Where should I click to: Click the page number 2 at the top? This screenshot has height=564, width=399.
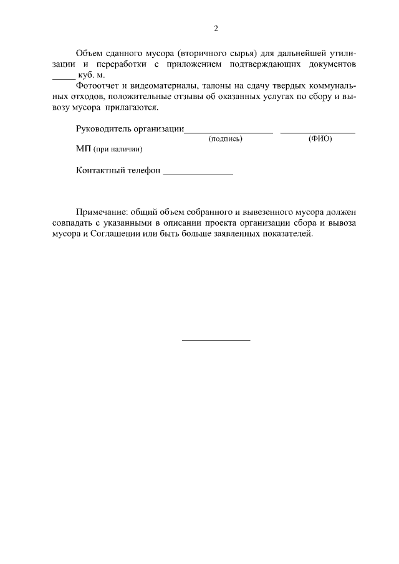coord(216,29)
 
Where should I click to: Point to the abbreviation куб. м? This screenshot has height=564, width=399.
coord(93,75)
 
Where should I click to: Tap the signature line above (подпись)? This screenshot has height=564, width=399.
coord(228,133)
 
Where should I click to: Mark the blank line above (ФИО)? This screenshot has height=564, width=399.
coord(318,133)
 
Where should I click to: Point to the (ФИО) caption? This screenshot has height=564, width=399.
coord(320,139)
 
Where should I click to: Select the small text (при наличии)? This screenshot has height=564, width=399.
coord(118,150)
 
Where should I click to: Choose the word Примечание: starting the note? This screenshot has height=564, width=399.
coord(102,213)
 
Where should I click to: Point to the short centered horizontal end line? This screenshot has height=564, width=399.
coord(216,340)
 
